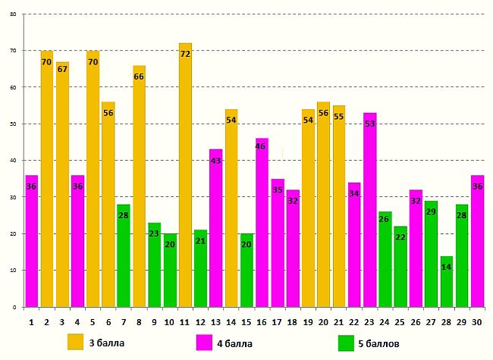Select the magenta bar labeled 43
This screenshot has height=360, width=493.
(x=216, y=228)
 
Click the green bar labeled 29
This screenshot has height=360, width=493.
(x=431, y=254)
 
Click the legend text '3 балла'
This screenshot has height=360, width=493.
(x=102, y=343)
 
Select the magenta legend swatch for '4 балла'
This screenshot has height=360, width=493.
(x=204, y=342)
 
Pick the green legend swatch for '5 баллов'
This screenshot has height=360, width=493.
(x=346, y=342)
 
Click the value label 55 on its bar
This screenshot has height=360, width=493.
(x=339, y=117)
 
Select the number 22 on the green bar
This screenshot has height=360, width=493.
(x=400, y=237)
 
